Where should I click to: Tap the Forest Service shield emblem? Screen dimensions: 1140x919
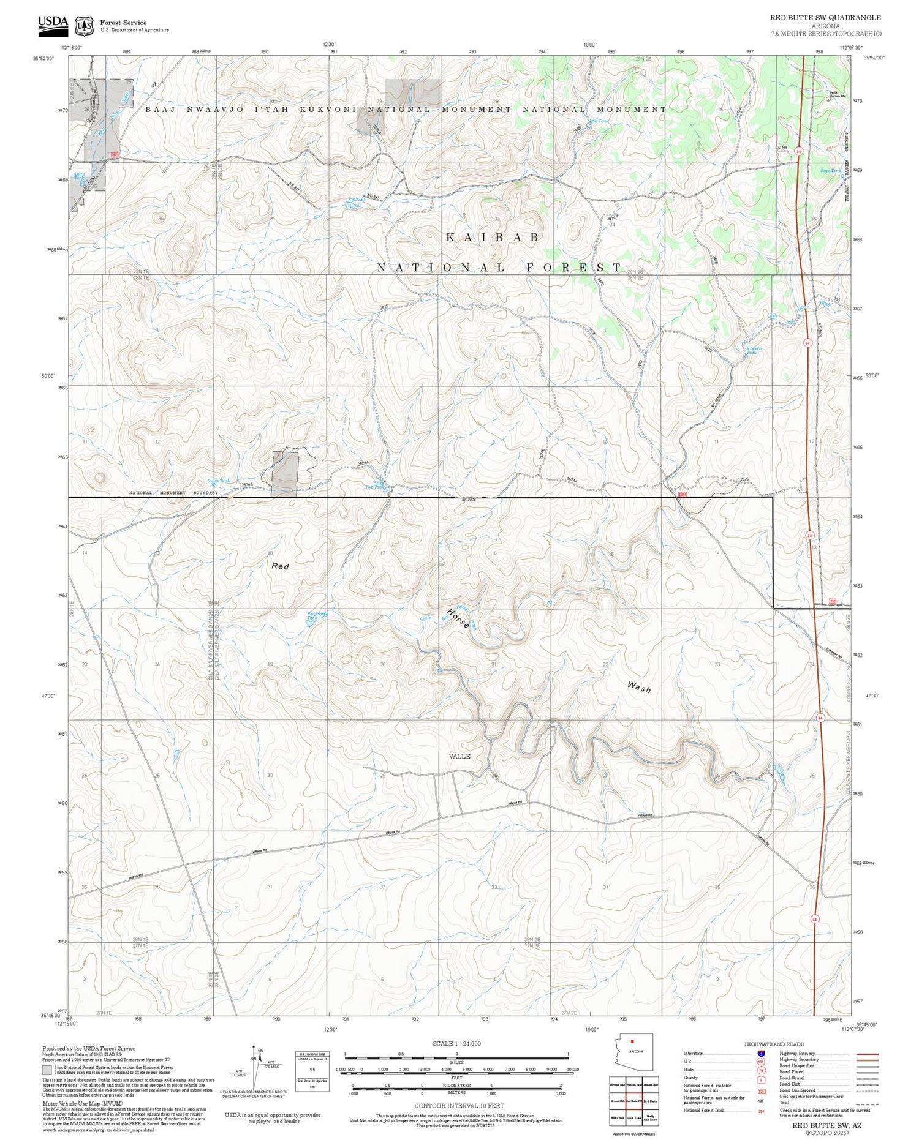tap(84, 26)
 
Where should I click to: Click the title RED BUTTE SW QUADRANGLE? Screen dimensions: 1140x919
tap(825, 18)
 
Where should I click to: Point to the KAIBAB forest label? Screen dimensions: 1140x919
tap(493, 238)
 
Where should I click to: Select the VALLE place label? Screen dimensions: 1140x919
tap(459, 756)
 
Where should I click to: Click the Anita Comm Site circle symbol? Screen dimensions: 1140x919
tap(828, 98)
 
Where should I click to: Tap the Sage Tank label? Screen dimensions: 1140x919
tap(830, 171)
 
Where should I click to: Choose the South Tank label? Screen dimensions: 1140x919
tap(217, 481)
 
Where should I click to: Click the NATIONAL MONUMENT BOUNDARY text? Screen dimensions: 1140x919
tap(173, 493)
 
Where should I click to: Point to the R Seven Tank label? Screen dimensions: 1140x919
tap(752, 350)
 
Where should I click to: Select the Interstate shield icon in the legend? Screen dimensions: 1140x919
tap(760, 1054)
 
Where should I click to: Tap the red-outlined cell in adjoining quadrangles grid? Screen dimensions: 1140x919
tap(633, 1100)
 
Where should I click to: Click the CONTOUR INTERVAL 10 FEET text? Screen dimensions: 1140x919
tap(459, 1106)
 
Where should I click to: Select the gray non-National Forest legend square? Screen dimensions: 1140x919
tap(47, 1070)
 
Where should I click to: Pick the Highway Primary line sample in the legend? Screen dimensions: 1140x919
tap(864, 1054)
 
